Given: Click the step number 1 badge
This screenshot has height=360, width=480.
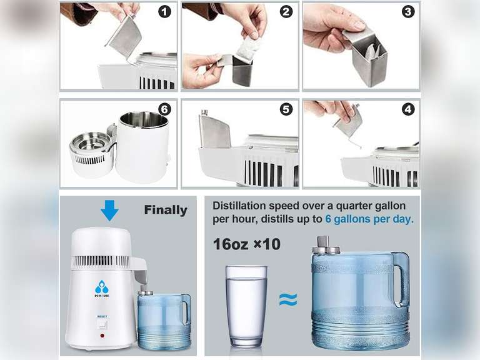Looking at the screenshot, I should [x=165, y=11].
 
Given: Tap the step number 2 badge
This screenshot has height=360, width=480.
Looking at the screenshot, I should [x=286, y=11].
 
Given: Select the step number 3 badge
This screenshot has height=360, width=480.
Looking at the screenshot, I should [x=407, y=11].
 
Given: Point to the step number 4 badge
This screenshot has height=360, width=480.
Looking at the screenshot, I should [x=407, y=109].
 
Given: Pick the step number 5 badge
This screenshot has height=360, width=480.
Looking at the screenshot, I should [x=286, y=109].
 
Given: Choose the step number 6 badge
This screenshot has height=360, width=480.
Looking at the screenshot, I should [x=165, y=109].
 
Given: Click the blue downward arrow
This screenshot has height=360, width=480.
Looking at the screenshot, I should [x=109, y=211].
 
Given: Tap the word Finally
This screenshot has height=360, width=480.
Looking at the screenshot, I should [x=166, y=210].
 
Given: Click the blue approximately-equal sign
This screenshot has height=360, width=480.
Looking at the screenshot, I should [x=287, y=301].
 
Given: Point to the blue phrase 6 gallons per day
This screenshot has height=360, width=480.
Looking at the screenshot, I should [x=369, y=219].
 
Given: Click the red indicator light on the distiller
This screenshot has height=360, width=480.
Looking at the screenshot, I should [x=102, y=336].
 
